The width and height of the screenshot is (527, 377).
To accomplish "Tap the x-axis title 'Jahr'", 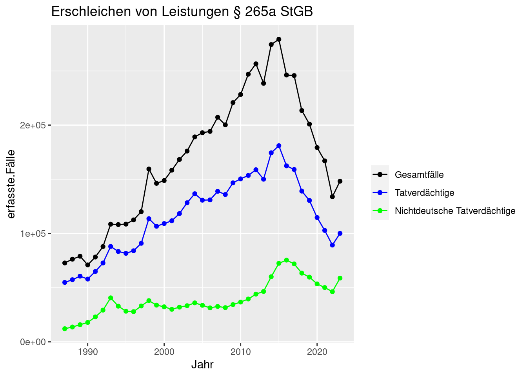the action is (202, 364).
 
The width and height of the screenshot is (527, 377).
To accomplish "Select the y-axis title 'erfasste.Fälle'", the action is (11, 184).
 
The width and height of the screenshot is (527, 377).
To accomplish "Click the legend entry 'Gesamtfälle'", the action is (419, 175).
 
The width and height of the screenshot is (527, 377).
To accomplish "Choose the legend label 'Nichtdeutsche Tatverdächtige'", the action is (455, 211).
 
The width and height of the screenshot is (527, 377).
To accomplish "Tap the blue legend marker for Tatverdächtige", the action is (380, 193).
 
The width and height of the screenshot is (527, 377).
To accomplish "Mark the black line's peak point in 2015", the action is (279, 39).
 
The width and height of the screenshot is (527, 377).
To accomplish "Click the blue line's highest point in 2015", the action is (279, 146).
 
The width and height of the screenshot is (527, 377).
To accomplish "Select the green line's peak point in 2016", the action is (287, 260).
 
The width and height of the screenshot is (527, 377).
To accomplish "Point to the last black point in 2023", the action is (340, 181).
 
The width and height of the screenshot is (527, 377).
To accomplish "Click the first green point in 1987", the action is (65, 329).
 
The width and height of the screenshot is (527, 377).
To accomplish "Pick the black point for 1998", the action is (149, 169).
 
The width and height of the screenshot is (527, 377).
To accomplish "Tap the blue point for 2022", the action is (332, 245).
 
